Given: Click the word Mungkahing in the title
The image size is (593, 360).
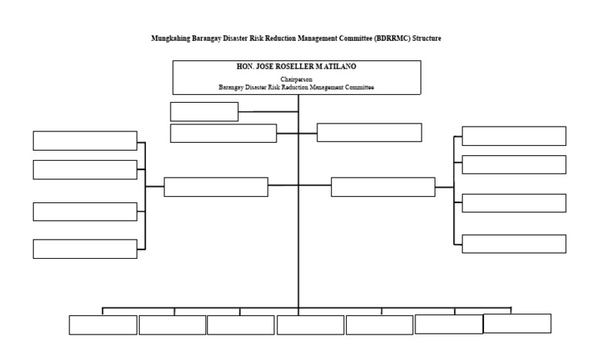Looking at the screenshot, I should pos(171,38).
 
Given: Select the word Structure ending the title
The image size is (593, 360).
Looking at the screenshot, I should pos(426,38).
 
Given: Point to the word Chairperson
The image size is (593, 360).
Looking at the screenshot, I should pos(296,80).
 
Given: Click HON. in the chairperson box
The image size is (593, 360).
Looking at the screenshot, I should pos(246,67).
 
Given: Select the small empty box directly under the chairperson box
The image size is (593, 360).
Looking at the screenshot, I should pos(204,112).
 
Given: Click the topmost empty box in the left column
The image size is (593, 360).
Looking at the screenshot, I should pos(85,141).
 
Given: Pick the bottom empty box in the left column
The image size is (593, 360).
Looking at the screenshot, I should pos(85,249).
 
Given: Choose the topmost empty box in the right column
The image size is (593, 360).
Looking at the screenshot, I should pos(513,136).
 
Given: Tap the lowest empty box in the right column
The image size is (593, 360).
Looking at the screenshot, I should pos(513,243).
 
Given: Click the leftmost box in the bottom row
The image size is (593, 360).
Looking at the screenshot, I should pos(103,325).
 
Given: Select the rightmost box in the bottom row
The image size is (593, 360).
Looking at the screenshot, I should pos(517,323).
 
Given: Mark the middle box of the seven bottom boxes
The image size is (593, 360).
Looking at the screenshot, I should pos(310,325).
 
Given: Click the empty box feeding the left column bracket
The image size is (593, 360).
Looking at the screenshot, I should pos(215,187).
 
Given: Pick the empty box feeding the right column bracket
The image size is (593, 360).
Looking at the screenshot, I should pos(383,187).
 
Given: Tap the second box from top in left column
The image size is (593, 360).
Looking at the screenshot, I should pos(85,169).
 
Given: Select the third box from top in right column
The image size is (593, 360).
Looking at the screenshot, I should pos(513,203).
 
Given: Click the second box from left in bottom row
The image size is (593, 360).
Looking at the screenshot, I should pos(172,325).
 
